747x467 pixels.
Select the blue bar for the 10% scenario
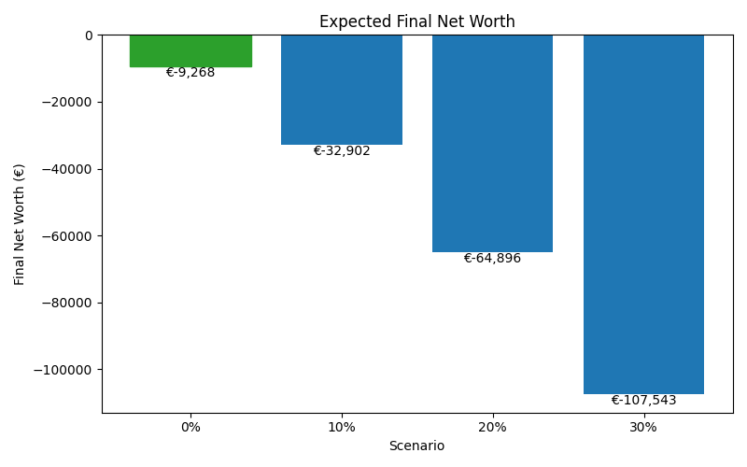click(x=342, y=90)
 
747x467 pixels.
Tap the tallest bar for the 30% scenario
click(x=643, y=214)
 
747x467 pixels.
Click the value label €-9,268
click(x=190, y=73)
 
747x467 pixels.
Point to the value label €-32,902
click(x=342, y=151)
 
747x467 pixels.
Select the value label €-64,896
click(x=492, y=259)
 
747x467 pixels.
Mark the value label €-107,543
click(x=643, y=401)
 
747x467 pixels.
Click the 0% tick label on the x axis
click(x=190, y=427)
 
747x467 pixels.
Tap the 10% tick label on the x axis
click(x=342, y=427)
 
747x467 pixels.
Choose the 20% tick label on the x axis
click(x=492, y=427)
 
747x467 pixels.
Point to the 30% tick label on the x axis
click(x=643, y=427)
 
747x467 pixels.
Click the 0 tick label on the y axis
click(x=89, y=35)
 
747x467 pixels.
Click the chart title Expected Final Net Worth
click(x=416, y=21)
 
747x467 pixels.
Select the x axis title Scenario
click(x=416, y=446)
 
